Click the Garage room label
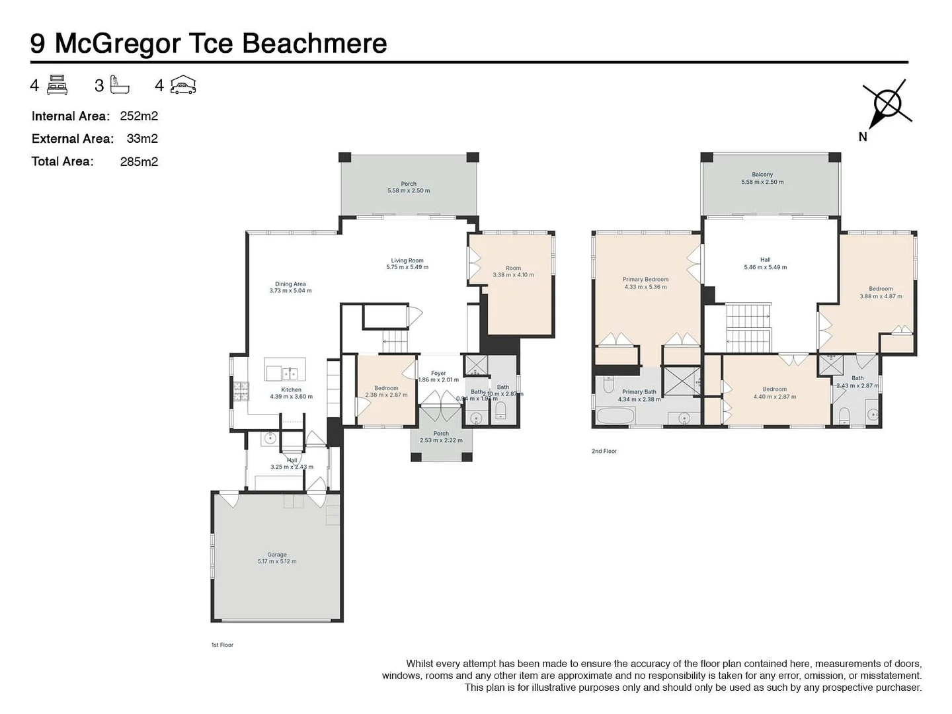277,555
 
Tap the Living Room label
407,260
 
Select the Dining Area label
290,284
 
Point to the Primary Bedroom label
645,280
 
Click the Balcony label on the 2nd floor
762,175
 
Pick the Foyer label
438,374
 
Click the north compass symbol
887,104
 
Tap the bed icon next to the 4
58,85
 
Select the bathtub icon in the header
120,85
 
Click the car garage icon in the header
183,85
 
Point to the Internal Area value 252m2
139,116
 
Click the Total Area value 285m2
139,162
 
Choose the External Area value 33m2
142,139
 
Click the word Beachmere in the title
314,44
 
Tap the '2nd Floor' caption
604,452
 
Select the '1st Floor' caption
222,645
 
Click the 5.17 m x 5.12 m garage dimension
277,562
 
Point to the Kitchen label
291,389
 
